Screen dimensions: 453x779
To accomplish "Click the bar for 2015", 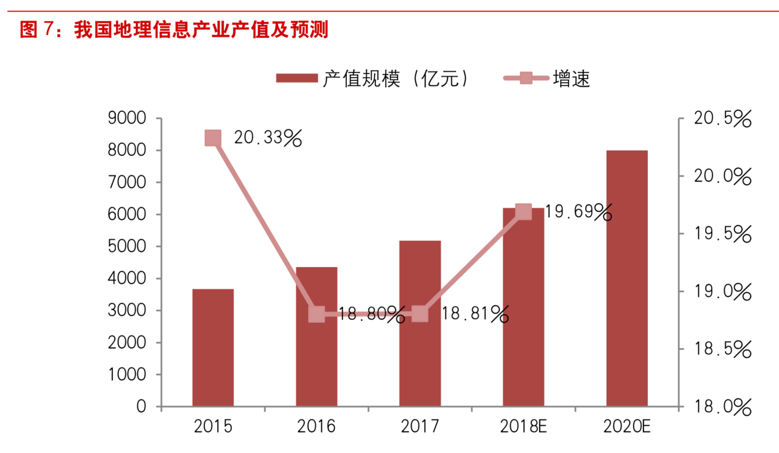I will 213,347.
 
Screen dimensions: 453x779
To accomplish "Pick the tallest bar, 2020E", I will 627,278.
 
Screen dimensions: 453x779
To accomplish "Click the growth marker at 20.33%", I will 213,138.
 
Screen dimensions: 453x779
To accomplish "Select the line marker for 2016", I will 316,315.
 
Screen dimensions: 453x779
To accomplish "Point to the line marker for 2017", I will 420,314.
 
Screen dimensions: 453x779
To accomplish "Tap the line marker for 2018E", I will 523,212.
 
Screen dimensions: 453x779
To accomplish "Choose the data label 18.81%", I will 475,314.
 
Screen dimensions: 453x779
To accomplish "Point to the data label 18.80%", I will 371,315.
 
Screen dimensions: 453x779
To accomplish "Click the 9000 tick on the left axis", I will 127,119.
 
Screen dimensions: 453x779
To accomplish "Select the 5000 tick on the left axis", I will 127,246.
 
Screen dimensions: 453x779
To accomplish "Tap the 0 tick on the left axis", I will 141,407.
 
